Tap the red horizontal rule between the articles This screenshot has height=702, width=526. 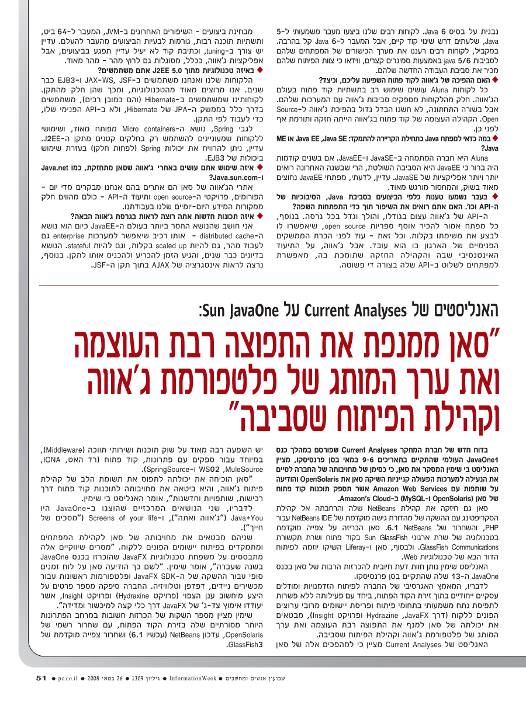(x=263, y=285)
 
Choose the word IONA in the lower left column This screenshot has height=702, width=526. (x=240, y=460)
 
